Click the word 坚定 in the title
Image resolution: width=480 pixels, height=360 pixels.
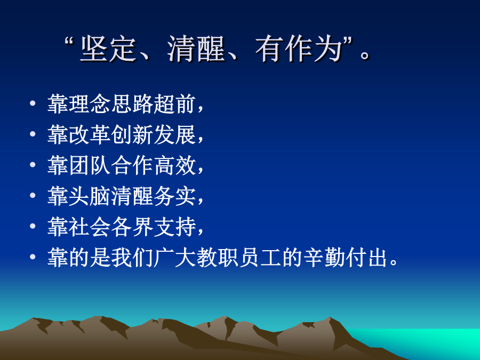point(108,49)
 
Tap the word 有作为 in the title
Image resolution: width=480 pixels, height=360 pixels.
point(299,49)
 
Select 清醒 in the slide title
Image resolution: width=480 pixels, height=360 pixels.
point(196,49)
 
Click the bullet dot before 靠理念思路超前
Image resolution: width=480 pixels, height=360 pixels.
point(33,103)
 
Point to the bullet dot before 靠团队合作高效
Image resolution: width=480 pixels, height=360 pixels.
point(33,165)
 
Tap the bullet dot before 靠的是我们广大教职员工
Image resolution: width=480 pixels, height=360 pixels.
point(33,257)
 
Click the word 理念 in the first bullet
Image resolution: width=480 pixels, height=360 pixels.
point(79,104)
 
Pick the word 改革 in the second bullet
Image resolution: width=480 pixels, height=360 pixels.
point(79,135)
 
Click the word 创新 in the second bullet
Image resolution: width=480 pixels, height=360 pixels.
point(132,135)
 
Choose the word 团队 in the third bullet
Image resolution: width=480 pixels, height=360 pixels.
point(79,165)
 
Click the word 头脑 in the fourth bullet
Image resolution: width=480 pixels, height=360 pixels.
point(79,196)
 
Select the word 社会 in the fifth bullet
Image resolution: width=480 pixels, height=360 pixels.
point(79,227)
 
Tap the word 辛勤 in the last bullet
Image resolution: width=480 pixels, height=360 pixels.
point(324,257)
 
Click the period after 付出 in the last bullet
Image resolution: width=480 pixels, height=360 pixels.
point(394,262)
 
